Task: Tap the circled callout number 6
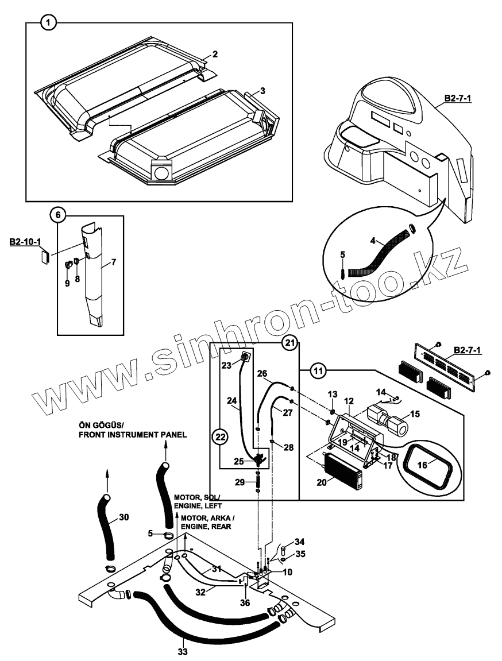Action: [x=57, y=215]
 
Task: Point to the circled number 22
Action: [x=219, y=437]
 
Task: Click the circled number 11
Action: [x=318, y=371]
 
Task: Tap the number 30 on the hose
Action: [x=124, y=517]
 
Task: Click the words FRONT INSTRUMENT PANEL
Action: [x=132, y=435]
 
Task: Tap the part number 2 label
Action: [x=214, y=55]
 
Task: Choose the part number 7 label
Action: [x=113, y=262]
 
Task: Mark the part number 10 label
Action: [x=287, y=572]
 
